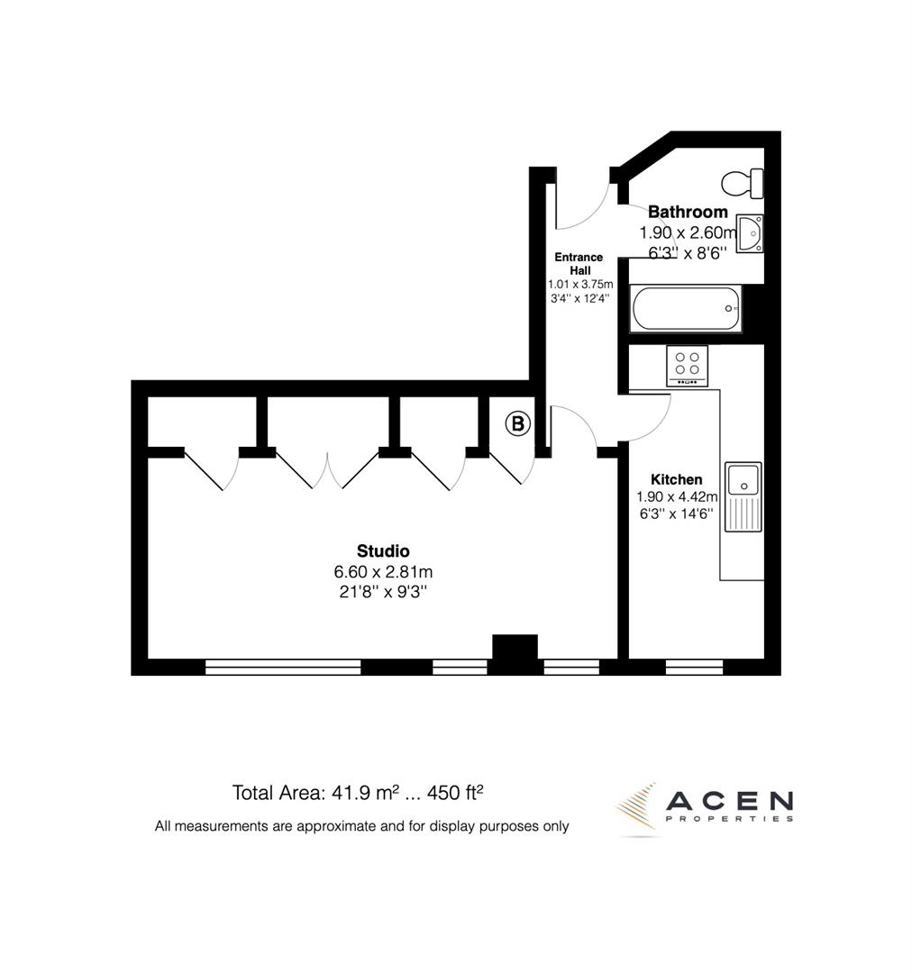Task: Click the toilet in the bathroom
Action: tap(743, 183)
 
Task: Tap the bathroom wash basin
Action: tap(749, 233)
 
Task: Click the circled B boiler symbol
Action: tap(517, 423)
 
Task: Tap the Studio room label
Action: tap(383, 551)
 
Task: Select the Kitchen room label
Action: tap(676, 479)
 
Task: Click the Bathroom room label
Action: tap(688, 213)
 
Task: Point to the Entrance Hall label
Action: tap(579, 264)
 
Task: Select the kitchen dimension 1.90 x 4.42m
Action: tap(677, 496)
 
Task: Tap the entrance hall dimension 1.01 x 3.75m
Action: tap(579, 285)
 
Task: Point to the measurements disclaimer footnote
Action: tap(361, 825)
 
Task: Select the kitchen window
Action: tap(694, 668)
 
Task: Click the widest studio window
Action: tap(283, 668)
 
